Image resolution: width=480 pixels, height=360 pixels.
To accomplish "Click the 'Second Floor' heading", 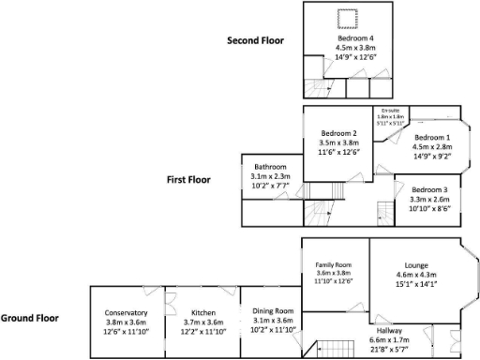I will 256,40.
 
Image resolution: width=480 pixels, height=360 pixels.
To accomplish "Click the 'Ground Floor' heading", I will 30,318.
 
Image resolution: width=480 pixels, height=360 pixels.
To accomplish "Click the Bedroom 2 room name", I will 339,133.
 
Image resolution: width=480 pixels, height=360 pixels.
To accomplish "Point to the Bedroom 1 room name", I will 431,138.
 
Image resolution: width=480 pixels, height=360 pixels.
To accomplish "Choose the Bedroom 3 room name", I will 429,189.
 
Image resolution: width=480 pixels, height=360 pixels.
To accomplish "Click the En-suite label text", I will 390,110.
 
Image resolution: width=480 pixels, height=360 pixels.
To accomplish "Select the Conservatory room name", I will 126,313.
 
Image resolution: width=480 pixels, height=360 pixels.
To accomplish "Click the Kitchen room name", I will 203,313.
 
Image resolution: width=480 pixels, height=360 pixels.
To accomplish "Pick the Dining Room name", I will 273,310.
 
